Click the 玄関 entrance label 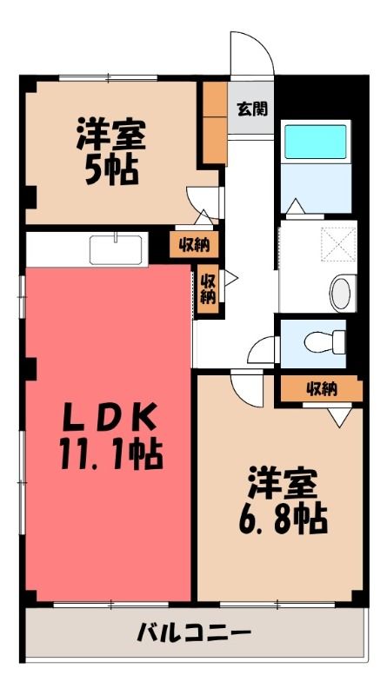point(252,109)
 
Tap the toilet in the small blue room point(325,341)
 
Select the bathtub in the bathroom point(316,142)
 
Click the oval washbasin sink point(343,293)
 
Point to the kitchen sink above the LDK point(116,249)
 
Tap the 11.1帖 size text point(111,455)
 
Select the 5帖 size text point(111,170)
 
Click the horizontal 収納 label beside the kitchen point(194,245)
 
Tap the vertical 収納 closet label point(207,289)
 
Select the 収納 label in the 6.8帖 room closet point(322,389)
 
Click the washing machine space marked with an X point(338,244)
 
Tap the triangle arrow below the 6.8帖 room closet point(340,417)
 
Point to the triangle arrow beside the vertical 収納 point(230,278)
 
